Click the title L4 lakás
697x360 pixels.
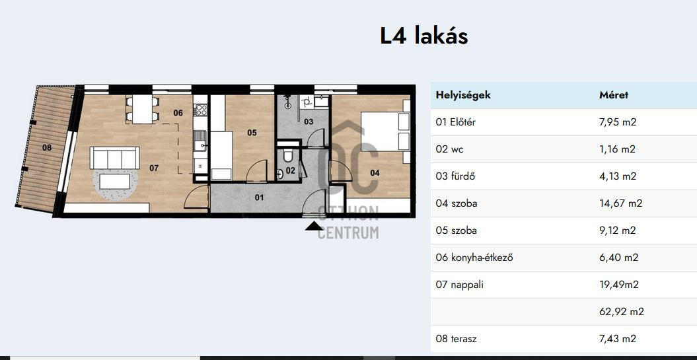(x=423, y=36)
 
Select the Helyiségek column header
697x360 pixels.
(x=463, y=94)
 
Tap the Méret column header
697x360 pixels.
(x=614, y=94)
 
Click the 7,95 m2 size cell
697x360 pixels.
(x=618, y=122)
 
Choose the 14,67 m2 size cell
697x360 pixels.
(x=621, y=203)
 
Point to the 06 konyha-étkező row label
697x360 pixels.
(x=474, y=258)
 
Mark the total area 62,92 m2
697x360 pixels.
(x=622, y=312)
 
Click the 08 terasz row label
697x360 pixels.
(x=456, y=339)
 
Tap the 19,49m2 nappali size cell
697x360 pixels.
(x=619, y=285)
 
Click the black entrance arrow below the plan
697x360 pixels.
(x=314, y=227)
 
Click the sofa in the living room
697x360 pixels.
(x=115, y=158)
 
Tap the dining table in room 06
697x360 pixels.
(x=142, y=110)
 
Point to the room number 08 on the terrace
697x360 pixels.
(x=47, y=147)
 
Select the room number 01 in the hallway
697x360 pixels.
(x=259, y=197)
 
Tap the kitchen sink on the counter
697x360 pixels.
(x=200, y=141)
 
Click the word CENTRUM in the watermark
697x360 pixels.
(x=348, y=233)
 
